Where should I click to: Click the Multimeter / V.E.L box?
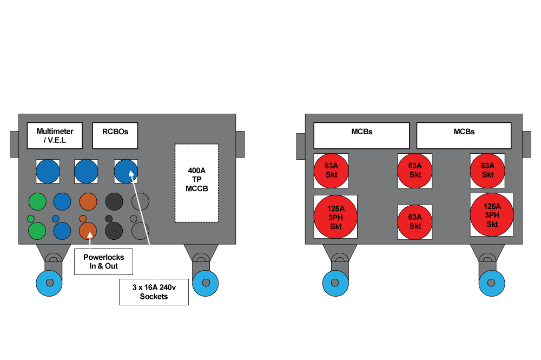tap(55, 135)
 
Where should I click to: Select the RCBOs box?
tap(115, 135)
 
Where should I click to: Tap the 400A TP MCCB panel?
tap(197, 182)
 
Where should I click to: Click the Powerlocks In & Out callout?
tap(104, 262)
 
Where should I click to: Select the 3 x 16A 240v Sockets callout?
tap(154, 292)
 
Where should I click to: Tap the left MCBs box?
tap(361, 135)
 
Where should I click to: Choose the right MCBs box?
tap(464, 135)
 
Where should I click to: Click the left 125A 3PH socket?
tap(335, 217)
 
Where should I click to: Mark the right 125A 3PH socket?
tap(492, 214)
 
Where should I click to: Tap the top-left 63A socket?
tap(331, 171)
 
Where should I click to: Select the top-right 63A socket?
tap(487, 171)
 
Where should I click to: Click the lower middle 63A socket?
tap(415, 222)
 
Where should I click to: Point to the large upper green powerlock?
tap(37, 201)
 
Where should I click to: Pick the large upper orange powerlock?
tap(88, 201)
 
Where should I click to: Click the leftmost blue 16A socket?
tap(48, 172)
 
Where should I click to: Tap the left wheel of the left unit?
tap(49, 283)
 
